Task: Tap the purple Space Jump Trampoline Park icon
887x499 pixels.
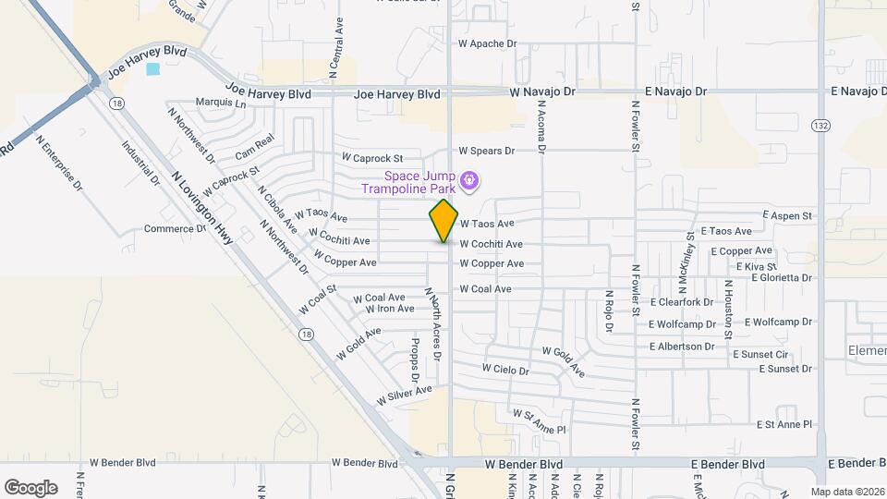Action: [470, 179]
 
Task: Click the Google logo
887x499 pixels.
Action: [30, 488]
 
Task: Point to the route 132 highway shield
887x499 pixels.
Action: [820, 125]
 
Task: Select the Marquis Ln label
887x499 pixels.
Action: [221, 103]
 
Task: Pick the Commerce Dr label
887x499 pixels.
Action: [175, 228]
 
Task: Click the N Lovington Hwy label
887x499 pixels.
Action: [202, 207]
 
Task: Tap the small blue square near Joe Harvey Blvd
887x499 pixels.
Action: [152, 68]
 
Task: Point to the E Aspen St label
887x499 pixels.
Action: [787, 215]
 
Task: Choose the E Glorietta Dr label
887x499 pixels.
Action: [782, 277]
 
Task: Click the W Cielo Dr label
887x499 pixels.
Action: [505, 370]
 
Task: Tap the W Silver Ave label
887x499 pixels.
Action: [404, 396]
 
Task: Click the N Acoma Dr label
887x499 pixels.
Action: [542, 127]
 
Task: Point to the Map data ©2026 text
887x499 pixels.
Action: [847, 491]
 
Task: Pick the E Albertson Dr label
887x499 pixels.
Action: [682, 346]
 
